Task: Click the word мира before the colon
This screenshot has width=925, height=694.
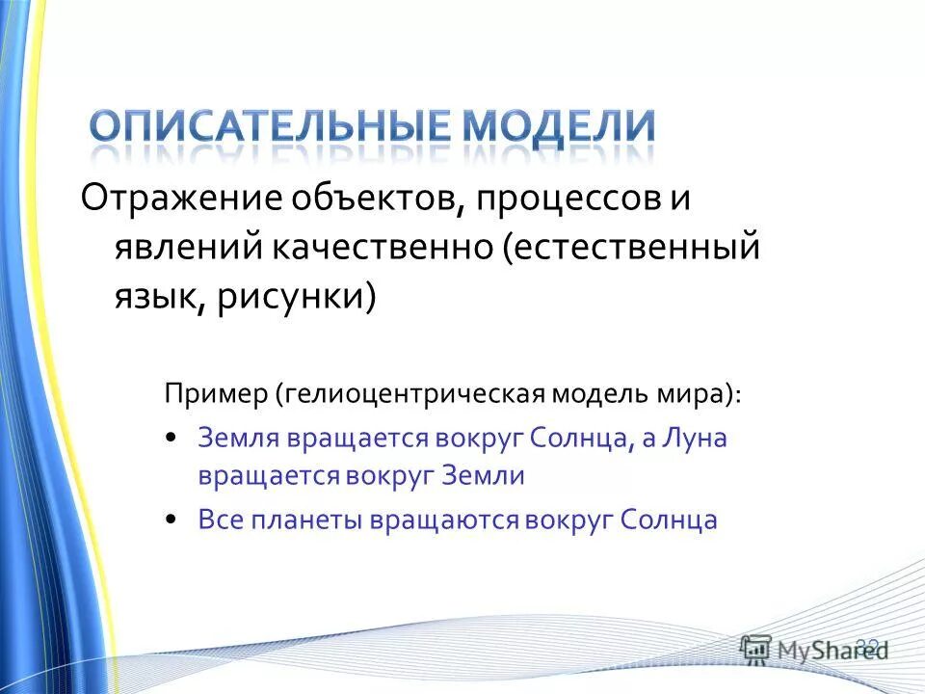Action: tap(695, 394)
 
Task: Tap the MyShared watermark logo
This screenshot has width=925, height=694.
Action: tap(814, 650)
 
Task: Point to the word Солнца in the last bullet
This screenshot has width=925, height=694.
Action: tap(669, 520)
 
